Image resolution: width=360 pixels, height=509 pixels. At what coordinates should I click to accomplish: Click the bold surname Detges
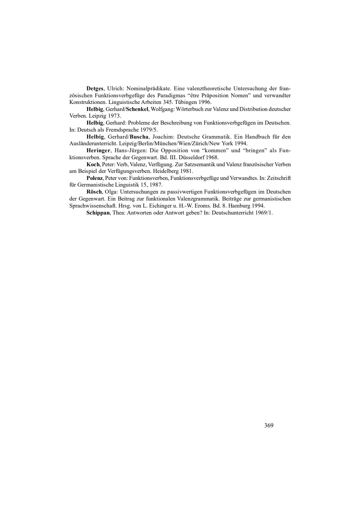[x=95, y=89]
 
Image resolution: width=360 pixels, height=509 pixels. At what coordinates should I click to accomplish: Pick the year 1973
[x=114, y=116]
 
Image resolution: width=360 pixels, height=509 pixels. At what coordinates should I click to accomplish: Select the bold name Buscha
[x=139, y=137]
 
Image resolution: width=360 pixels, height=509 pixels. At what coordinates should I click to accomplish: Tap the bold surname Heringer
[x=98, y=151]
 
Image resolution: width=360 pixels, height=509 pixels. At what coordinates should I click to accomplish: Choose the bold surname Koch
[x=93, y=165]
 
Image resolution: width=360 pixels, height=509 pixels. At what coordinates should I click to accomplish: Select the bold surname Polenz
[x=95, y=178]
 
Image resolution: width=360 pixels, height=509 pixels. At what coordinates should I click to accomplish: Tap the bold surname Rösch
[x=94, y=192]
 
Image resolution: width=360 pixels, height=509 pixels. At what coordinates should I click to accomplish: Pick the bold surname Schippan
[x=98, y=213]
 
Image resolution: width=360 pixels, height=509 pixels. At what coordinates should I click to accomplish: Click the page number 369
[x=269, y=425]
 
